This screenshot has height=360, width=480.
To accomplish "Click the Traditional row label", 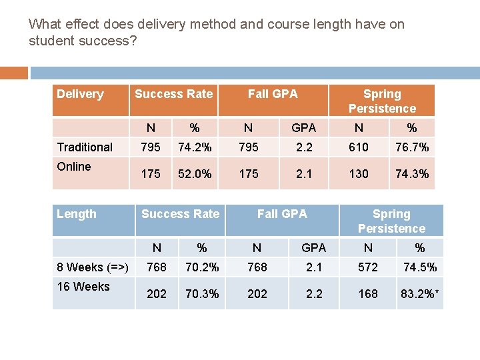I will tap(85, 147).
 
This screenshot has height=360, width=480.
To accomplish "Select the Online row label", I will tap(74, 167).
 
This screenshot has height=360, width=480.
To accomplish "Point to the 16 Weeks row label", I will tap(83, 287).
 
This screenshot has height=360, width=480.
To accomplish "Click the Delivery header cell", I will tap(80, 94).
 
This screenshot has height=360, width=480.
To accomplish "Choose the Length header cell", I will tap(76, 214).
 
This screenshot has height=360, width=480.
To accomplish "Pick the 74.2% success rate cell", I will tap(194, 147).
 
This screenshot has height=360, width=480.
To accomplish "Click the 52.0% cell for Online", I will tap(194, 174).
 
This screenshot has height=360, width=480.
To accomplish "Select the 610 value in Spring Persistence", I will tap(359, 147).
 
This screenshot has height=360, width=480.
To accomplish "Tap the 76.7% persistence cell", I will tap(412, 147).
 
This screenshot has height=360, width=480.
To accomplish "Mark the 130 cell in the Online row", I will tap(359, 174).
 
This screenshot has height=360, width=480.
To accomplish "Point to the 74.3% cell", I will tap(412, 174).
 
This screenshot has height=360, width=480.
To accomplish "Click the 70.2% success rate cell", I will tap(202, 267).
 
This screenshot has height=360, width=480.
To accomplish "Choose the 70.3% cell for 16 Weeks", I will tap(202, 294).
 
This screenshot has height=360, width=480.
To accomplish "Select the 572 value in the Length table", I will tap(368, 267).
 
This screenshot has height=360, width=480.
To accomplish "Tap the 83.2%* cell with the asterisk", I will tap(420, 294).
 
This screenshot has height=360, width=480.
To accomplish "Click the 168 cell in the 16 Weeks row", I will tap(368, 294).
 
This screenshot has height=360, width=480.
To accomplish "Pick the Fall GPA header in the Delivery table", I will tap(273, 94).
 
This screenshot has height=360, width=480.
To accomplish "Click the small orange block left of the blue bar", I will tap(13, 73).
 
